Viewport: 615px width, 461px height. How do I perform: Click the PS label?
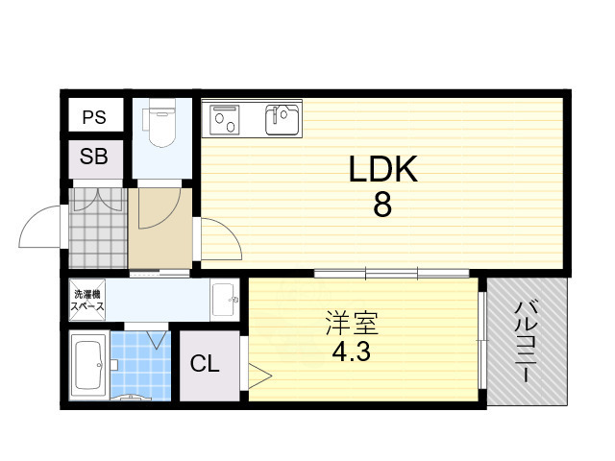94,118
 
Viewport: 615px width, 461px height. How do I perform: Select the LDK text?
381,170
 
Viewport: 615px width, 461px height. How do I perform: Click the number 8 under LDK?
381,206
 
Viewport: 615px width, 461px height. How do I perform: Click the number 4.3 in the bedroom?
351,352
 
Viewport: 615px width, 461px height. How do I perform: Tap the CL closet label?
205,364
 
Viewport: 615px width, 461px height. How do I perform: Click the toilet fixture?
160,125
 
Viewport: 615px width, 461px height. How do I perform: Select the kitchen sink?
283,119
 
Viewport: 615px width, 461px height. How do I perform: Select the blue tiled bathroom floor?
138,363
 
